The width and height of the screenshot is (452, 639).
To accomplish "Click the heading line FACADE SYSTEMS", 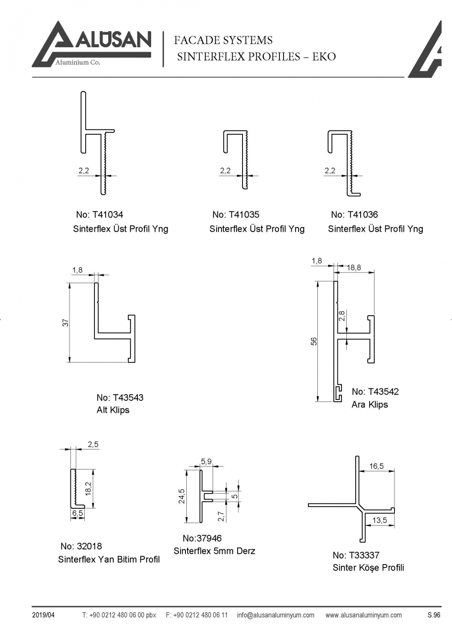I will pyautogui.click(x=223, y=41).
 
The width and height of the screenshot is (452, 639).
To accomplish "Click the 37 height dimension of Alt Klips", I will pyautogui.click(x=66, y=322).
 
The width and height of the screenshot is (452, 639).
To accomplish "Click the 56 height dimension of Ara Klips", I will pyautogui.click(x=314, y=341).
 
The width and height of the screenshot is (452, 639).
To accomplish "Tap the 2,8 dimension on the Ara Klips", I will pyautogui.click(x=342, y=316).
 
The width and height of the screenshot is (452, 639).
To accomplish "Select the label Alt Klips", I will pyautogui.click(x=113, y=410).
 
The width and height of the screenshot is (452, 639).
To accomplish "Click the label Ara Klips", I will pyautogui.click(x=370, y=404).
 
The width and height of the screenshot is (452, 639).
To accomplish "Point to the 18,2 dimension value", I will pyautogui.click(x=88, y=488).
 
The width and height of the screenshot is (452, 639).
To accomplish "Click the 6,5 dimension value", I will pyautogui.click(x=78, y=513).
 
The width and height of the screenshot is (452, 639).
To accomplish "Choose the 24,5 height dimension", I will pyautogui.click(x=182, y=496).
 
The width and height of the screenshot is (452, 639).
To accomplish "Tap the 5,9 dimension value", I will pyautogui.click(x=206, y=462).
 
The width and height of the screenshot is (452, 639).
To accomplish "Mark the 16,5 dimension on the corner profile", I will pyautogui.click(x=376, y=466).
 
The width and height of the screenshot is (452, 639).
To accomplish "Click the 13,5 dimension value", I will pyautogui.click(x=380, y=520).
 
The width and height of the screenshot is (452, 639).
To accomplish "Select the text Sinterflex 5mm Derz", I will pyautogui.click(x=214, y=551).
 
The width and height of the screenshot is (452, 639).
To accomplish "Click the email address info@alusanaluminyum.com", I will pyautogui.click(x=275, y=615).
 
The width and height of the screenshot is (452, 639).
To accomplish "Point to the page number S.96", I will pyautogui.click(x=433, y=615).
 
